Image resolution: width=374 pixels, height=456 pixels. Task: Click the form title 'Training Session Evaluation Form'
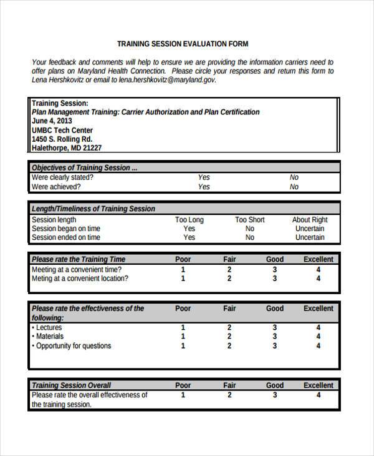point(183,44)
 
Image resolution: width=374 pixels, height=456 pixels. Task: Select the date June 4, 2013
point(52,121)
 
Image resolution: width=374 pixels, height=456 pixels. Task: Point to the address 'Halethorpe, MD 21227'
point(67,148)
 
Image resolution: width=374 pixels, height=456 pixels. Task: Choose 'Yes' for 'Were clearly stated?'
point(204,177)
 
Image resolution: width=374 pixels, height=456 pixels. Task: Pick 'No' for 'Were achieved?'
point(294,187)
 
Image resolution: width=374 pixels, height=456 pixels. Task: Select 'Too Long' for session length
point(189,220)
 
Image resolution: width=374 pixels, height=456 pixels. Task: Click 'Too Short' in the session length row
point(249,220)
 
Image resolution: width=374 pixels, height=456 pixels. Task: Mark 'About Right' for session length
point(310,220)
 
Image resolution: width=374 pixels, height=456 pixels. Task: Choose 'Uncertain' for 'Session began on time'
point(310,229)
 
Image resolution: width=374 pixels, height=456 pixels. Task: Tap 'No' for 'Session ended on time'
point(249,237)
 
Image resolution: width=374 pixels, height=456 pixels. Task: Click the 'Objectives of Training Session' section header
point(85,168)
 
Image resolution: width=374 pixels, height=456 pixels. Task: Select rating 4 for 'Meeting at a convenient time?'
point(319,270)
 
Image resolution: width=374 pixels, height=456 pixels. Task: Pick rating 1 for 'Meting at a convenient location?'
point(183,279)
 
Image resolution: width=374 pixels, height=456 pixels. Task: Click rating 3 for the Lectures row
point(274,328)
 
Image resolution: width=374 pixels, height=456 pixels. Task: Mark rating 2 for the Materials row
point(229,337)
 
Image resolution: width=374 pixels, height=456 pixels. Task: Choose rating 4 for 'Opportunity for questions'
point(319,345)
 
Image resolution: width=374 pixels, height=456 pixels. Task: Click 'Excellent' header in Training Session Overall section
point(319,385)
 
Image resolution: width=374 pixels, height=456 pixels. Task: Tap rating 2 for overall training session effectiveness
point(229,395)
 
